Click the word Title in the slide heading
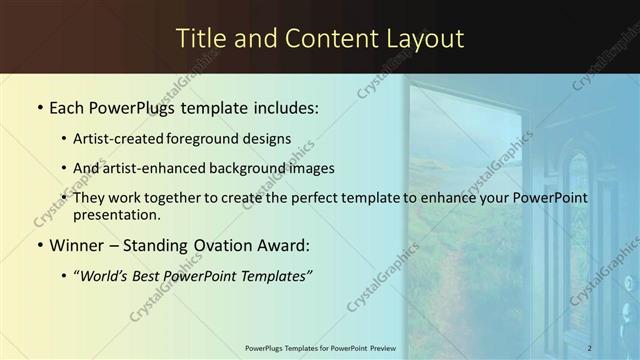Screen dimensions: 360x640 coord(201,39)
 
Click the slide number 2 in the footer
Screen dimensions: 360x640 coord(590,347)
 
